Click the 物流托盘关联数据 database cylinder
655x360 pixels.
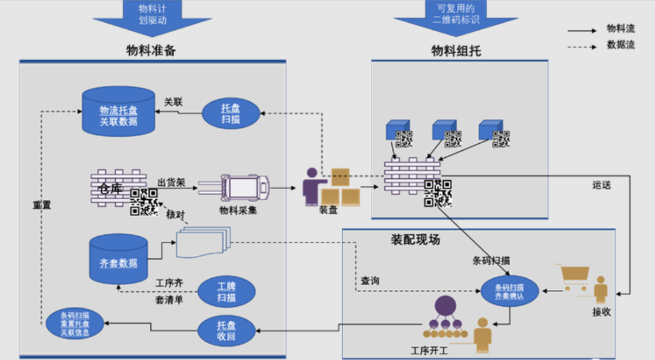click(118, 111)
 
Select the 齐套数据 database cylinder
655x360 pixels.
click(118, 260)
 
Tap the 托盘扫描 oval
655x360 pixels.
click(230, 113)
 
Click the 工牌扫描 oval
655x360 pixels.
click(226, 292)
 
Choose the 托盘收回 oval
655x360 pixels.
click(226, 331)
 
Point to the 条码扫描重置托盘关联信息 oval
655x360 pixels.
click(75, 323)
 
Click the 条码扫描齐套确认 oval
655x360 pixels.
click(509, 291)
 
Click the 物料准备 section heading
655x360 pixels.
click(151, 50)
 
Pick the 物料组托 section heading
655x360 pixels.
click(456, 51)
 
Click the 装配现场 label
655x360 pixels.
click(415, 240)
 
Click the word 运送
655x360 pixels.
click(601, 185)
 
